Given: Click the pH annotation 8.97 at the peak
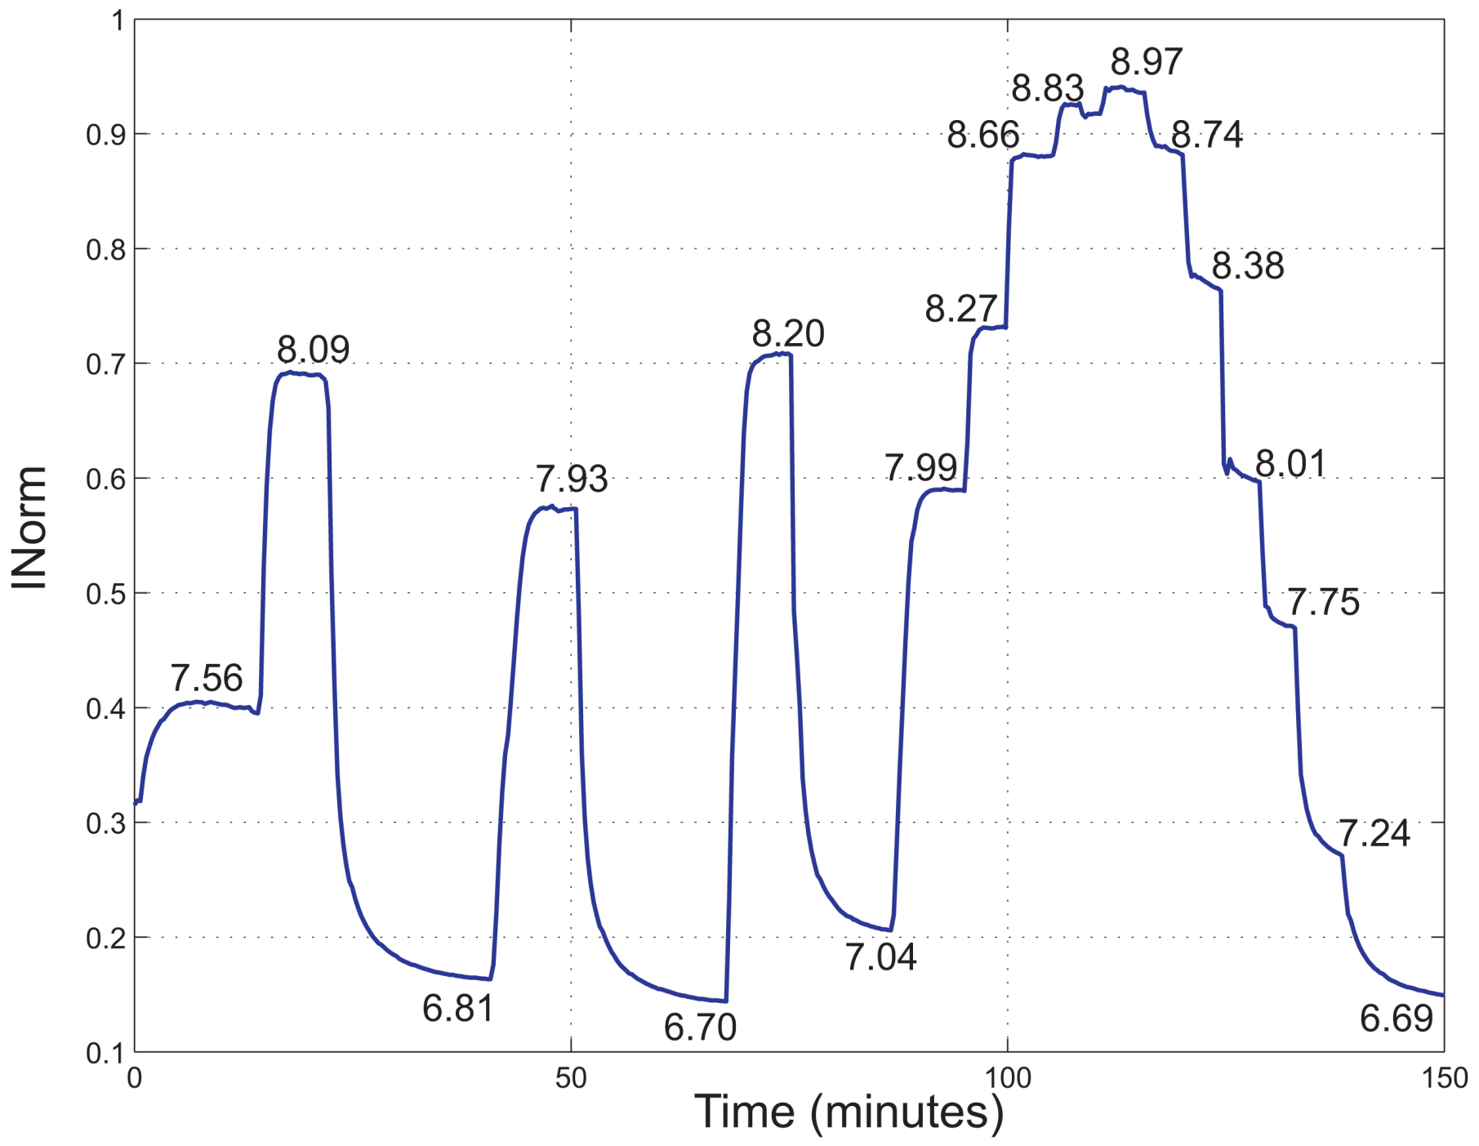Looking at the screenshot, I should pyautogui.click(x=1146, y=62).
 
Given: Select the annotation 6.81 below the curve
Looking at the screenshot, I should pyautogui.click(x=458, y=1009).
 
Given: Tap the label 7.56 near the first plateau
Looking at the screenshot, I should pyautogui.click(x=207, y=678).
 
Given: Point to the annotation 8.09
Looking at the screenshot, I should pyautogui.click(x=313, y=350).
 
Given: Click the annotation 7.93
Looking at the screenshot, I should pyautogui.click(x=571, y=479).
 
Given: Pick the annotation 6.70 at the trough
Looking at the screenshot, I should pyautogui.click(x=700, y=1027).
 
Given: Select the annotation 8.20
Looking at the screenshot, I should pyautogui.click(x=788, y=333).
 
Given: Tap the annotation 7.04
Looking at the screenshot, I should pyautogui.click(x=880, y=956).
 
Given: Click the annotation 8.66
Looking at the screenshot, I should pyautogui.click(x=982, y=135).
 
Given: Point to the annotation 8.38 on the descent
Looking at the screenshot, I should pyautogui.click(x=1247, y=266).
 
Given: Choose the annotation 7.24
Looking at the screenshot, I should pyautogui.click(x=1374, y=833).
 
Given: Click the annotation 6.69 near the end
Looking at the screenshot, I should pyautogui.click(x=1396, y=1019).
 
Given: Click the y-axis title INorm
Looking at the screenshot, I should pyautogui.click(x=29, y=527).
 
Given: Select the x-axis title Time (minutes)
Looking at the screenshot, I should pyautogui.click(x=849, y=1112).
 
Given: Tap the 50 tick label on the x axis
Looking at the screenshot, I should pyautogui.click(x=571, y=1078).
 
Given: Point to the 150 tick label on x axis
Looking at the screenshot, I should pyautogui.click(x=1444, y=1078).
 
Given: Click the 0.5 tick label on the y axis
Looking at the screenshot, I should pyautogui.click(x=106, y=594).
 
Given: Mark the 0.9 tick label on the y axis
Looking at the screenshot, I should pyautogui.click(x=106, y=135).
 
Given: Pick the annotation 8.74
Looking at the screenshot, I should pyautogui.click(x=1206, y=135).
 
